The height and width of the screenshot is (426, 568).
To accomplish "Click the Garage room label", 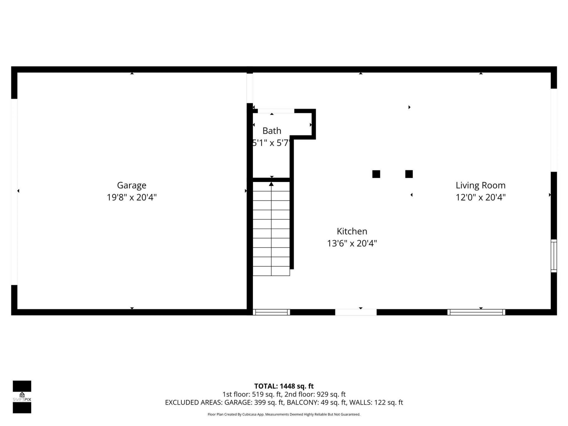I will pyautogui.click(x=132, y=185).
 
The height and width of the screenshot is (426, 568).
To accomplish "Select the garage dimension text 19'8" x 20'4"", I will pyautogui.click(x=132, y=197).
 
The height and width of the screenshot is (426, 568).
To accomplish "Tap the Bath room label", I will pyautogui.click(x=272, y=130).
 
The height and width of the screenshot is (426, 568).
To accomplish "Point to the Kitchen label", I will pyautogui.click(x=352, y=231).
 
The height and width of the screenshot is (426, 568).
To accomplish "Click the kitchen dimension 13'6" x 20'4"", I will pyautogui.click(x=352, y=243).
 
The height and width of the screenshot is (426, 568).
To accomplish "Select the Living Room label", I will pyautogui.click(x=480, y=185).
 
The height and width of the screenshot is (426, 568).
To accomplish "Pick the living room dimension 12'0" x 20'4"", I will pyautogui.click(x=480, y=197).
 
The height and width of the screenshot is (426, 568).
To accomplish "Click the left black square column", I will pyautogui.click(x=376, y=174).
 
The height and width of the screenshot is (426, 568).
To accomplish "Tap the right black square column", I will pyautogui.click(x=409, y=174).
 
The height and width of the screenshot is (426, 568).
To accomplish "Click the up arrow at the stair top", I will pyautogui.click(x=271, y=184).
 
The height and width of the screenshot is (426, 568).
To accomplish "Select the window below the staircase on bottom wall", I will pyautogui.click(x=271, y=312).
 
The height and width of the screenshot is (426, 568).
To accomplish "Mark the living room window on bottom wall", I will pyautogui.click(x=476, y=312).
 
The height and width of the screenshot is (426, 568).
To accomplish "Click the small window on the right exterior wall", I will pyautogui.click(x=554, y=256).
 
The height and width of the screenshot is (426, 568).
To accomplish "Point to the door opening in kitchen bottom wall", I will pyautogui.click(x=356, y=312).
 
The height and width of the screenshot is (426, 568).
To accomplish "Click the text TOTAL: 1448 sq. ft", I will pyautogui.click(x=284, y=386).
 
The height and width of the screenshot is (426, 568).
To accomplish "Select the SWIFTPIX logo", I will pyautogui.click(x=22, y=397).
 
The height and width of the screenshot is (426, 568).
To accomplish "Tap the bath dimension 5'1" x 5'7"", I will pyautogui.click(x=270, y=143).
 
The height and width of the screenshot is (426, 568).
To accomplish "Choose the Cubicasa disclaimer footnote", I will pyautogui.click(x=284, y=414).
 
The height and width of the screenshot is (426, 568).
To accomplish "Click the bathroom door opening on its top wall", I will pyautogui.click(x=276, y=111).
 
